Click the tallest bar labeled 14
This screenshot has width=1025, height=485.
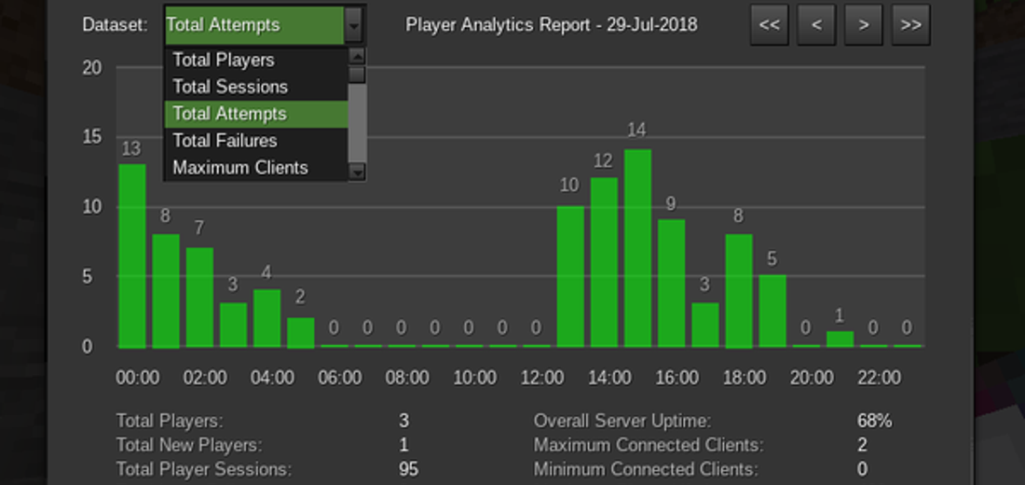coord(637,247)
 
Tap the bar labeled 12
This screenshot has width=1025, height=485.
coord(604,262)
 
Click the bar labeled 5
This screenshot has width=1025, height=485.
coord(772,311)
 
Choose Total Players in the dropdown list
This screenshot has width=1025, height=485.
coord(224,60)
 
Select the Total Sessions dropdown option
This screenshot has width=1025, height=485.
coord(230,87)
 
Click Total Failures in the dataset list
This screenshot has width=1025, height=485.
coord(225,141)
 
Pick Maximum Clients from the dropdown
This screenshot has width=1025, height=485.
coord(240,168)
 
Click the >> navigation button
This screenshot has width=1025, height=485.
coord(911,25)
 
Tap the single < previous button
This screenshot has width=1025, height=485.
coord(816,25)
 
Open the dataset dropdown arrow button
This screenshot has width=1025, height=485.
coord(353,25)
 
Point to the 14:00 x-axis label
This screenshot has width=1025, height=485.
coord(609,378)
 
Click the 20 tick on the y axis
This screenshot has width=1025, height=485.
coord(91,68)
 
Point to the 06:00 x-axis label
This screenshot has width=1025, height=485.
coord(339,378)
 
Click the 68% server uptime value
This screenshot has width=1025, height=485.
coord(874,421)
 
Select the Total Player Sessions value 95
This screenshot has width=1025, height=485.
coord(408,469)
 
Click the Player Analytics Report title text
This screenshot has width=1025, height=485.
coord(552,25)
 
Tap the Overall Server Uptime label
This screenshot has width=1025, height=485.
coord(622,421)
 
